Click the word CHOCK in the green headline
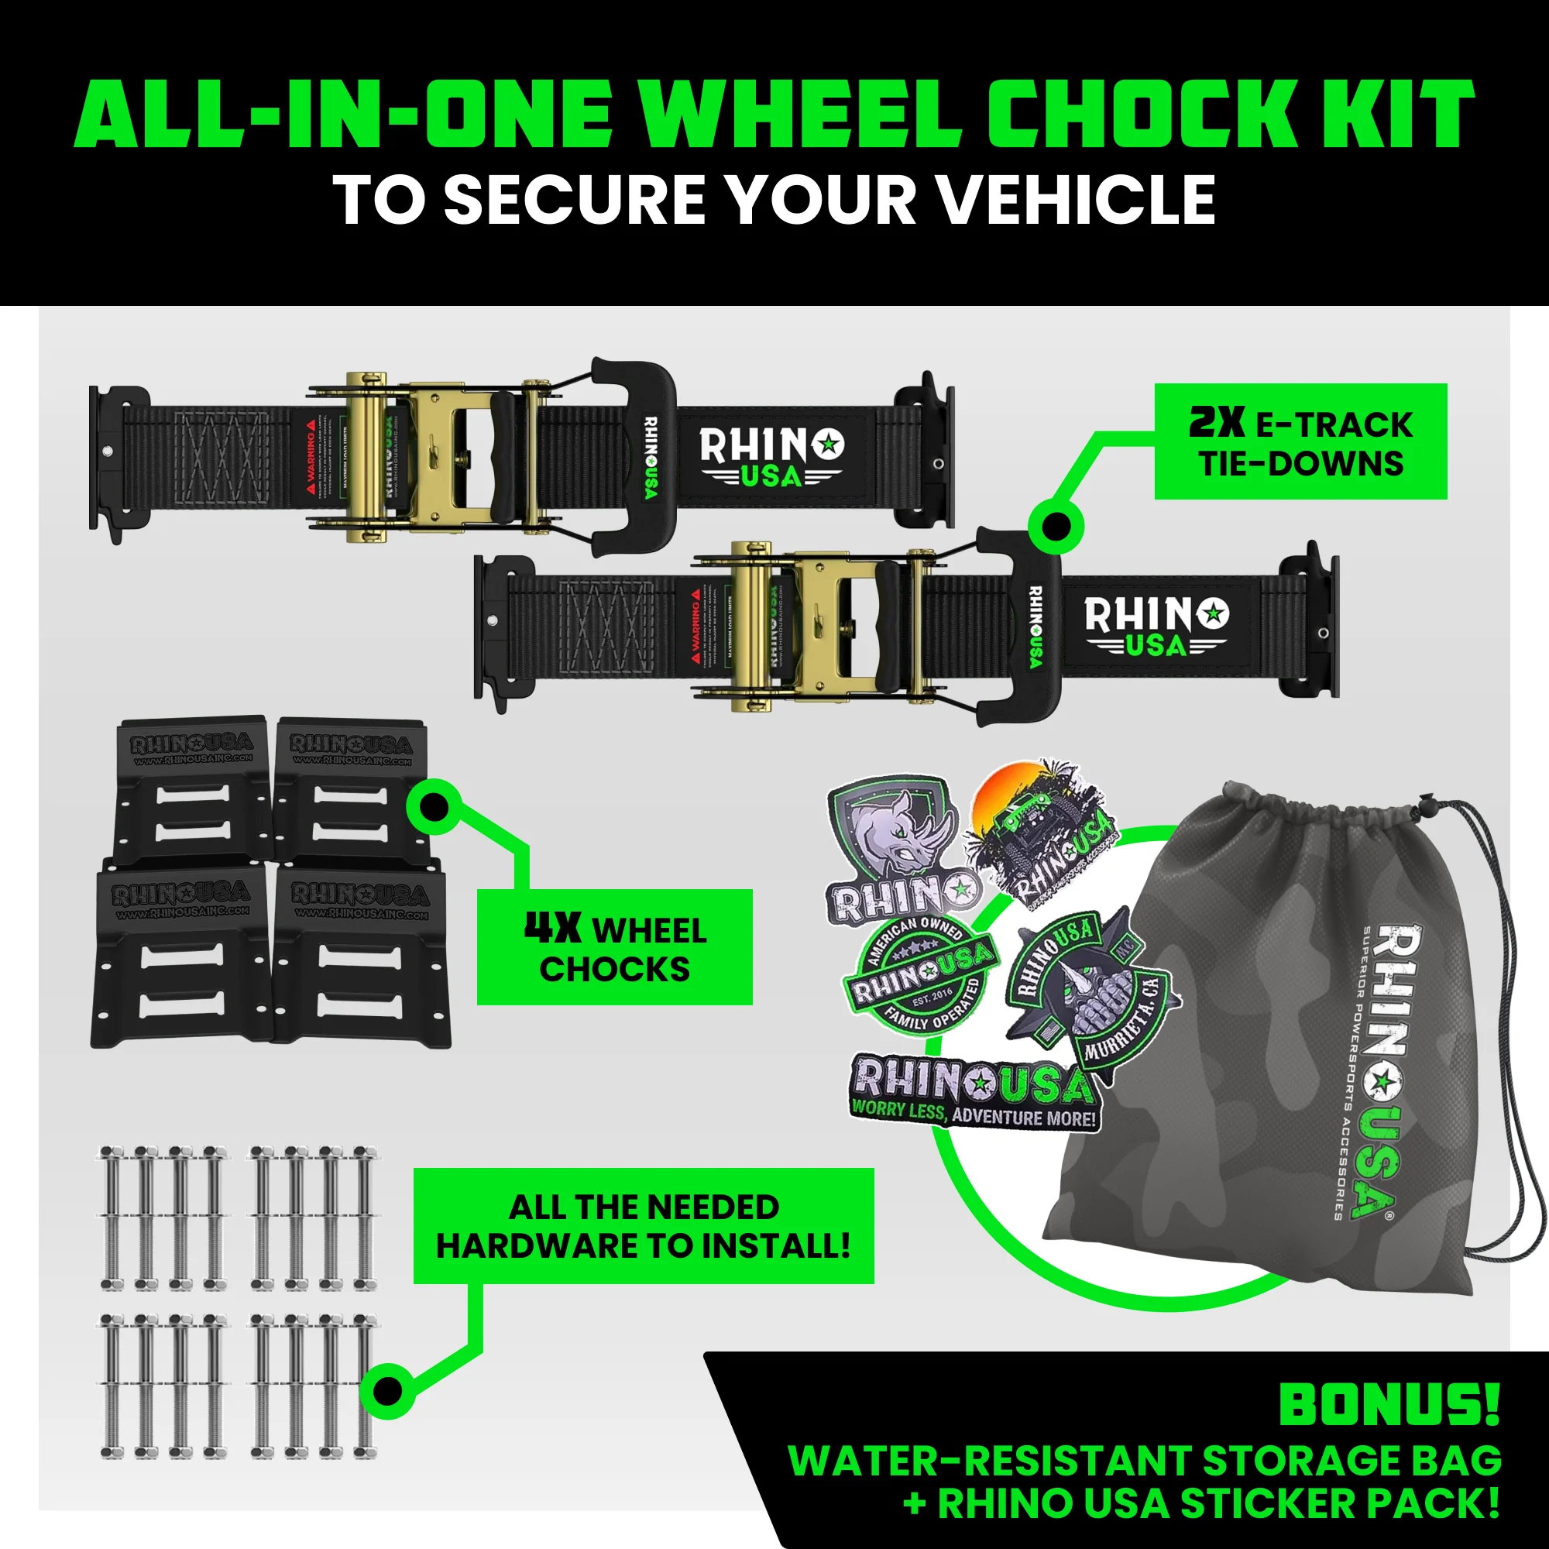(x=1139, y=115)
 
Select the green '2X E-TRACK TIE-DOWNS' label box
(x=1300, y=441)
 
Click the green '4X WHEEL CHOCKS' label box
(x=614, y=947)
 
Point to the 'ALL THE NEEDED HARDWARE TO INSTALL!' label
(x=643, y=1226)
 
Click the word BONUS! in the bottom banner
(x=1389, y=1405)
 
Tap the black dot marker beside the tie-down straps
(x=1056, y=527)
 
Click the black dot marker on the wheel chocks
(x=434, y=806)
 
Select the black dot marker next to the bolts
(x=387, y=1392)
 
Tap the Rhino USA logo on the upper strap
(x=771, y=457)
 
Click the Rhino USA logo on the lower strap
(x=1156, y=626)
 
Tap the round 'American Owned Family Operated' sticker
(x=919, y=972)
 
